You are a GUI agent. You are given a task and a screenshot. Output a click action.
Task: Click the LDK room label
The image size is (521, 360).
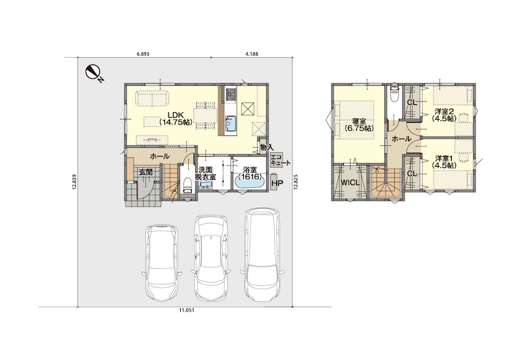(176, 118)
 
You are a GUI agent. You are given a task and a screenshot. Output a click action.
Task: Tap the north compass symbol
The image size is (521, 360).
(94, 73)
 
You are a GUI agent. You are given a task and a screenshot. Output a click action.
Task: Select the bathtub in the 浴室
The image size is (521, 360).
(249, 183)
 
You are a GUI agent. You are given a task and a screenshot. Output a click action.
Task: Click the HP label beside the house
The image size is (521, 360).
(277, 183)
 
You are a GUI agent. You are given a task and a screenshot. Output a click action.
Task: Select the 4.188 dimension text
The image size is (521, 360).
(252, 53)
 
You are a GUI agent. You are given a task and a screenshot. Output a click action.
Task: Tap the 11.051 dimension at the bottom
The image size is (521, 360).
(186, 310)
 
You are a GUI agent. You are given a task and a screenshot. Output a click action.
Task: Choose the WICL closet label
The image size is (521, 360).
(350, 183)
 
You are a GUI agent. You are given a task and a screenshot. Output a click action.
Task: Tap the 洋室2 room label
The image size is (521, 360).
(444, 115)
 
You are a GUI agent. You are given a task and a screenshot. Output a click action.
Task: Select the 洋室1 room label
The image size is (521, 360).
(444, 161)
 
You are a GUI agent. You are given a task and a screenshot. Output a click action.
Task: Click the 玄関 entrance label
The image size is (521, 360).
(145, 172)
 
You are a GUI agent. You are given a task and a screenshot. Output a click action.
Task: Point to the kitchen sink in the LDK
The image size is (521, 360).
(230, 123)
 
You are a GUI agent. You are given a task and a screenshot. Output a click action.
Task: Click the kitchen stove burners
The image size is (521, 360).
(230, 94)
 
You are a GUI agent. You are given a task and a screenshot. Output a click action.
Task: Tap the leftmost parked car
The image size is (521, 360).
(161, 262)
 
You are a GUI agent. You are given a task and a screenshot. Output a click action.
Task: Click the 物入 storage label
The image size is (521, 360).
(267, 147)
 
